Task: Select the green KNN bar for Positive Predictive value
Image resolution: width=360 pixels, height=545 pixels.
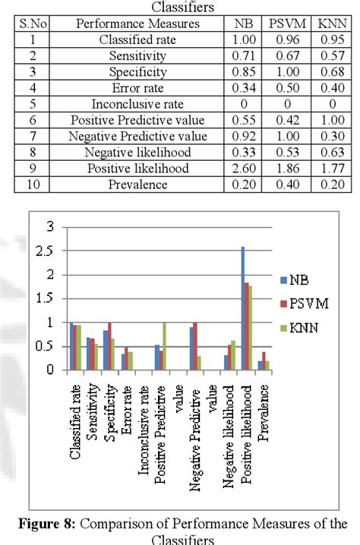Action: (x=164, y=346)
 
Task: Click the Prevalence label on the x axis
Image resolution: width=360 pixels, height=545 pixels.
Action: (x=263, y=416)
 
